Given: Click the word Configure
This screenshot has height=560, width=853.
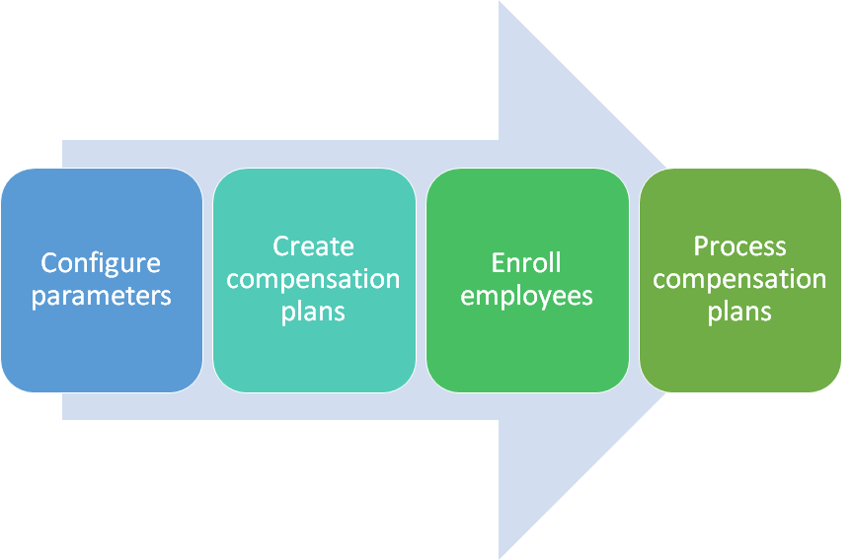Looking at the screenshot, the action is click(x=101, y=264).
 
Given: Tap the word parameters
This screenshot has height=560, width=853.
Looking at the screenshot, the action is click(x=101, y=297).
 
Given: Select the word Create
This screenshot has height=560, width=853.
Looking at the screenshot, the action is click(x=313, y=246).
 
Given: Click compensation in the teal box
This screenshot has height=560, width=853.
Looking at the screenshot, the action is click(x=313, y=280).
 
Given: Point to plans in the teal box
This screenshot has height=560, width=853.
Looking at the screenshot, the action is click(x=313, y=313).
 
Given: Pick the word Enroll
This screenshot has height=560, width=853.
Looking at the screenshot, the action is click(x=526, y=262).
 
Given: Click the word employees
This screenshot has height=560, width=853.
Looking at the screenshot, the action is click(x=526, y=297).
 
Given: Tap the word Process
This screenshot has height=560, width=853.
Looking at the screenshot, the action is click(x=739, y=246).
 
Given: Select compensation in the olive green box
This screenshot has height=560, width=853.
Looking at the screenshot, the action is click(x=739, y=280).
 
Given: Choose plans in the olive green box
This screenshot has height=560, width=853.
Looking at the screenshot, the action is click(x=739, y=313).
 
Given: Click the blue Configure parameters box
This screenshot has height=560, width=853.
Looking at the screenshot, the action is click(x=102, y=280).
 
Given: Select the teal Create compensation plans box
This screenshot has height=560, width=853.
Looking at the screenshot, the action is click(x=314, y=280).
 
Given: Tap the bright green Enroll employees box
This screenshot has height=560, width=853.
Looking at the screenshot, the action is click(x=527, y=280).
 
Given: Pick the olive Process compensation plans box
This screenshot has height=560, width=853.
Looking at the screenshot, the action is click(x=740, y=280).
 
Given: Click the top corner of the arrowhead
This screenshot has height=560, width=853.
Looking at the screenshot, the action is click(x=500, y=1).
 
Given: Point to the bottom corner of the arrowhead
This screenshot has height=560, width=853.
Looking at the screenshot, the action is click(x=500, y=558).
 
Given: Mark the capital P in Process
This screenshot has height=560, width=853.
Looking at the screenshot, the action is click(x=701, y=246).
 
